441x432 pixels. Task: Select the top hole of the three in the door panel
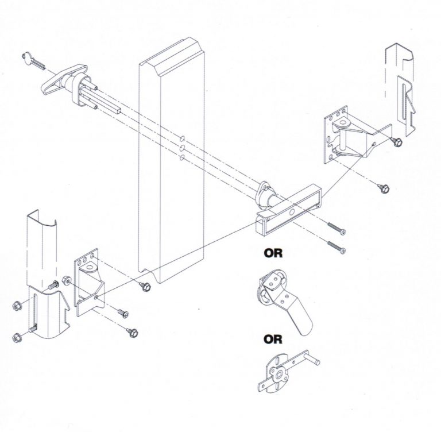181,138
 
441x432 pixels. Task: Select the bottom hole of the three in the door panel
181,158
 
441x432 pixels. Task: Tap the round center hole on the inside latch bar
293,213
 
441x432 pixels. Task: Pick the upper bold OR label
273,252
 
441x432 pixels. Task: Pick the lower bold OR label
273,340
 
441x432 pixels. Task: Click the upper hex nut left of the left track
17,305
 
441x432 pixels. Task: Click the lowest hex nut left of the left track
17,337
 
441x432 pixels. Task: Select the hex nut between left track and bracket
66,280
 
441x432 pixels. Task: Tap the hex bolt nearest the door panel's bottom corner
145,285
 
